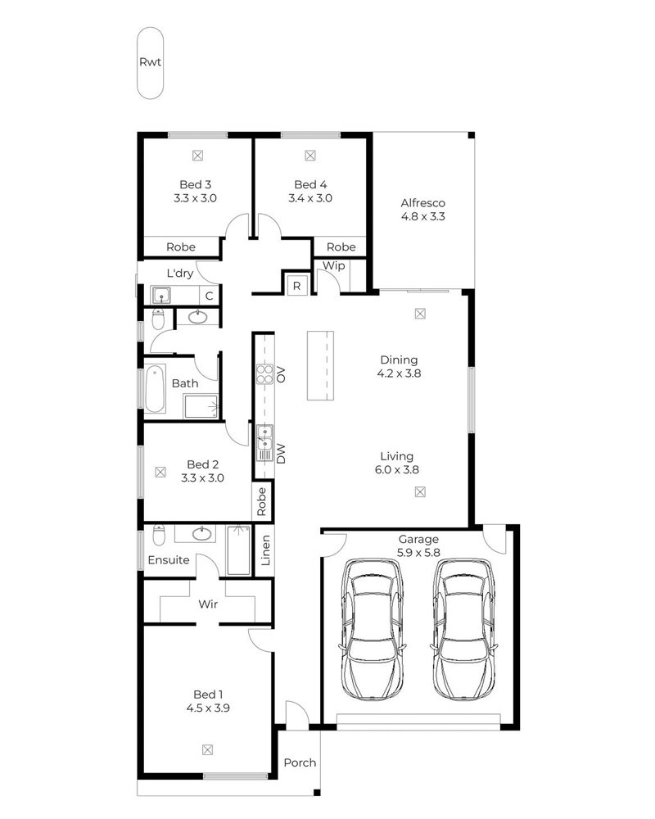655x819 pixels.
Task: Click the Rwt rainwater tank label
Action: point(150,62)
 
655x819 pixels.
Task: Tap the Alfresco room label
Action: point(423,202)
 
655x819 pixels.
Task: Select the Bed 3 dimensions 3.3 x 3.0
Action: point(196,198)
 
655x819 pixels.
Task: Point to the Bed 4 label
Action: point(310,184)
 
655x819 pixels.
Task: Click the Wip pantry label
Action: point(334,266)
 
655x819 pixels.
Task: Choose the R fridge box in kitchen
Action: point(296,285)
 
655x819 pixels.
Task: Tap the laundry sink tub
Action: point(161,296)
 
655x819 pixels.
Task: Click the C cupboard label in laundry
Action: point(210,296)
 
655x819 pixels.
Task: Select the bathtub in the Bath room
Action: point(156,388)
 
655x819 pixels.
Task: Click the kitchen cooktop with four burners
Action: point(264,374)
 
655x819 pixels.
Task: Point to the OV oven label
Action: point(281,374)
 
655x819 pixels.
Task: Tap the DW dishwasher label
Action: point(281,454)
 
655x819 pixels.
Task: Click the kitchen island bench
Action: point(320,365)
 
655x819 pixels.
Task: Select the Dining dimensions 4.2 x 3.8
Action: point(399,373)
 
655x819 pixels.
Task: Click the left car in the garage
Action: point(372,629)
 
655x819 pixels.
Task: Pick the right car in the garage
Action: point(464,629)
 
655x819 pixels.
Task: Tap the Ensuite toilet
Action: point(159,535)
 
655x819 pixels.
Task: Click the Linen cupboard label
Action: point(265,550)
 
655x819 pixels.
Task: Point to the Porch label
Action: point(300,762)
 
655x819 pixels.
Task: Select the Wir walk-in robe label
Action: point(208,604)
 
